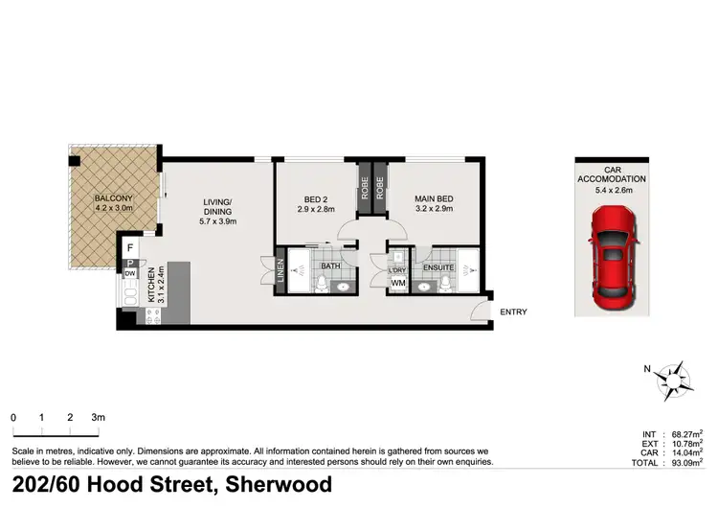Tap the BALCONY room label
pos(113,200)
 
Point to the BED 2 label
pos(315,200)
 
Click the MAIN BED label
pos(434,200)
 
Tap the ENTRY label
pos(513,312)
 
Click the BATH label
pos(331,266)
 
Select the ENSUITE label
pos(438,266)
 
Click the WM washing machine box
pos(398,284)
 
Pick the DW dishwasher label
pos(129,274)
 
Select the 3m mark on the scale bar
pos(98,418)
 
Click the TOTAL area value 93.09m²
pos(683,463)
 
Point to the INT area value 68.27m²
pos(683,435)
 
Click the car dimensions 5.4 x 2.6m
pos(611,189)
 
